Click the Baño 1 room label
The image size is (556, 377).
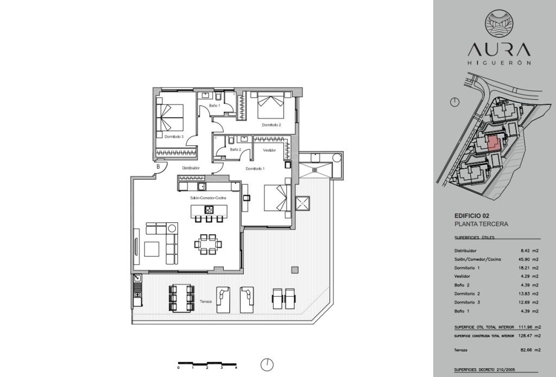click(x=214, y=106)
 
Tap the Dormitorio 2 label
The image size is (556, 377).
click(x=271, y=125)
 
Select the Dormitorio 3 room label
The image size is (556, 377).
click(x=174, y=136)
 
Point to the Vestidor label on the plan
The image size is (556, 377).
click(x=269, y=150)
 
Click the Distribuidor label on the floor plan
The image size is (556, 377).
click(x=191, y=168)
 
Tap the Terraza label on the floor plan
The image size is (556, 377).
click(x=206, y=302)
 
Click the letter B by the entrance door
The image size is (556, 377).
click(x=158, y=166)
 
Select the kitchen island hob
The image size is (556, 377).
click(x=209, y=210)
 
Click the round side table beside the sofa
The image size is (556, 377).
click(x=173, y=228)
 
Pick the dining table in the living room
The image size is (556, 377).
click(x=208, y=244)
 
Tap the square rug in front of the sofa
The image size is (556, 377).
click(x=152, y=249)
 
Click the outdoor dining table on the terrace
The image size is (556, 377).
click(x=181, y=298)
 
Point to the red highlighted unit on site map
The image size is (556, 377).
click(x=493, y=144)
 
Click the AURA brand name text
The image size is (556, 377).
click(x=500, y=50)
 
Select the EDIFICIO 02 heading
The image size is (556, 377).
click(x=472, y=216)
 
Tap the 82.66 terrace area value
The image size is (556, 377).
click(x=530, y=350)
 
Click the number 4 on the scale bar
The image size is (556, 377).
click(x=236, y=368)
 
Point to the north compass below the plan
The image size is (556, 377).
click(x=267, y=365)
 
